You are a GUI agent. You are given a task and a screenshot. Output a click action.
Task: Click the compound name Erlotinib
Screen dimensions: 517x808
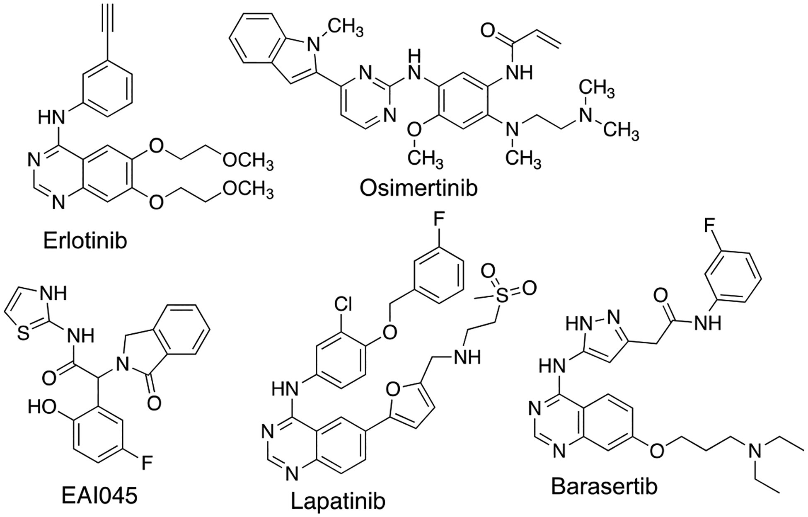pyautogui.click(x=85, y=241)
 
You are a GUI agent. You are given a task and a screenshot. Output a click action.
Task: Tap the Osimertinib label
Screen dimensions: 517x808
pyautogui.click(x=419, y=188)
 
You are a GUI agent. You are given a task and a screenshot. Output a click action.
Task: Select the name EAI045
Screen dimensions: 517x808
pyautogui.click(x=99, y=496)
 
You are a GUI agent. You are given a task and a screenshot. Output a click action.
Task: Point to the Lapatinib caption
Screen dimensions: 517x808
pyautogui.click(x=338, y=501)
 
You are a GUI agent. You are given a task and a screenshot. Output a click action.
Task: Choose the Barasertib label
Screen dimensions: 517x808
pyautogui.click(x=605, y=486)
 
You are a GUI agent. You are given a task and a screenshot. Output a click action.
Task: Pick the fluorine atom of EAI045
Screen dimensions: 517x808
pyautogui.click(x=146, y=463)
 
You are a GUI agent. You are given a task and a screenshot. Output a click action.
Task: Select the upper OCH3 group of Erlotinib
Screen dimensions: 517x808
pyautogui.click(x=248, y=161)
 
